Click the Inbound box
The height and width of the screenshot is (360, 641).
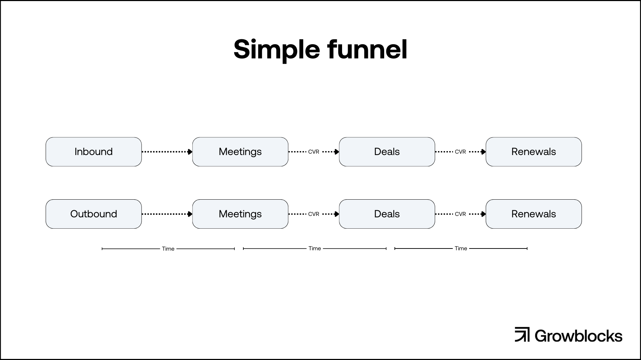tap(94, 152)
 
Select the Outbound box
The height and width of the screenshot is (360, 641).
tap(94, 214)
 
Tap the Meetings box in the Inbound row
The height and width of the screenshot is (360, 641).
tap(240, 152)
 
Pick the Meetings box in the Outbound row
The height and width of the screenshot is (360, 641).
tap(240, 214)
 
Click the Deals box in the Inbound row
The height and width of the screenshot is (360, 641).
tap(387, 152)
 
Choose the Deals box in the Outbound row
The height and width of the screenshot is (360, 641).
tap(387, 214)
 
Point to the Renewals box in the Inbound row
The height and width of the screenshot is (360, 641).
tap(534, 152)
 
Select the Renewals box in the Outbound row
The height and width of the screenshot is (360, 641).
tap(534, 214)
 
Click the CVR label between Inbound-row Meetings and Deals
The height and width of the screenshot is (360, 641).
tap(314, 152)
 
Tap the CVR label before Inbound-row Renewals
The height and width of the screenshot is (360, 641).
tap(460, 152)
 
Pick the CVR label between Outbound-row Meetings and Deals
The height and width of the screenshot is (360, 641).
tap(314, 214)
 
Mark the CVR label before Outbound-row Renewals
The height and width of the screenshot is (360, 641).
tap(460, 214)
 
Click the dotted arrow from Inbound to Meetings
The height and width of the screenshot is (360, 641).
tap(167, 152)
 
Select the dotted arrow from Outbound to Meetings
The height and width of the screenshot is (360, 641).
tap(167, 214)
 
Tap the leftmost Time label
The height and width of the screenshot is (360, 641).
tap(168, 249)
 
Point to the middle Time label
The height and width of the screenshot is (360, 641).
tap(314, 248)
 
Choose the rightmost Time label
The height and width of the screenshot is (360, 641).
tap(461, 248)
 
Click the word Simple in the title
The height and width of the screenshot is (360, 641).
tap(277, 50)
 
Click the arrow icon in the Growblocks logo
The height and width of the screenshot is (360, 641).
tap(522, 335)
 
